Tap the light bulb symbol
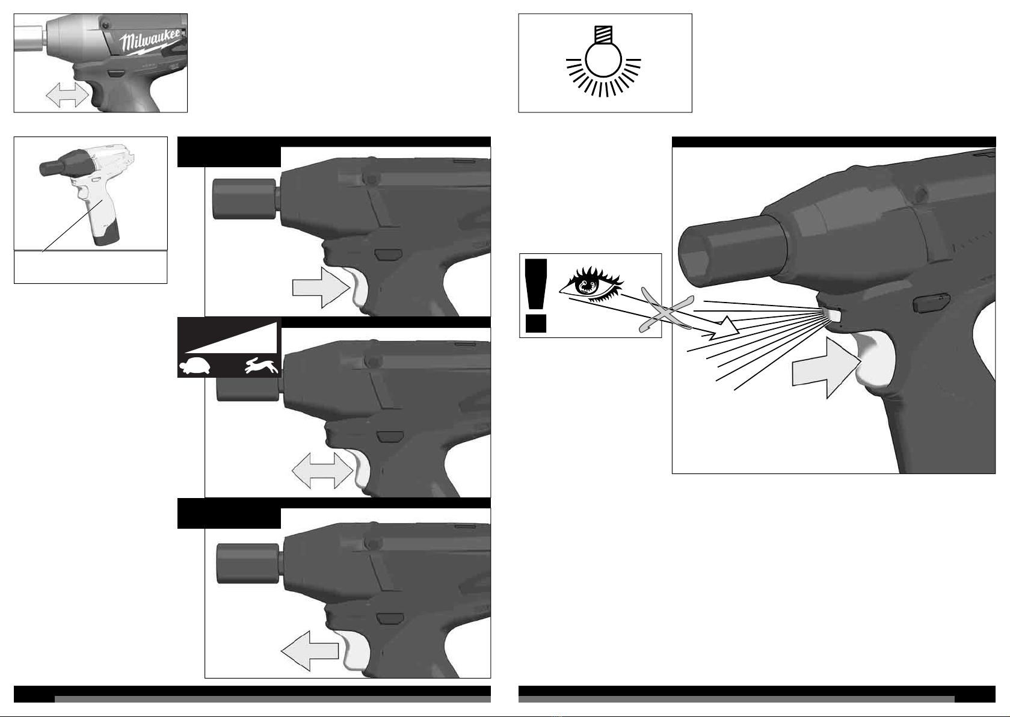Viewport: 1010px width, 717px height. pyautogui.click(x=603, y=62)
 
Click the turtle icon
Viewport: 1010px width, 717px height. pyautogui.click(x=195, y=366)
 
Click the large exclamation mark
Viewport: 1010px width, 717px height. pyautogui.click(x=536, y=296)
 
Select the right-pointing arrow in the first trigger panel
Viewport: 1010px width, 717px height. pyautogui.click(x=321, y=288)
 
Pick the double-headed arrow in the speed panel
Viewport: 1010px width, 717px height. pyautogui.click(x=322, y=471)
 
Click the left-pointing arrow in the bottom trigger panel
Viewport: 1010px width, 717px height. pyautogui.click(x=309, y=651)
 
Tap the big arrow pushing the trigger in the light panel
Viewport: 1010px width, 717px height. pyautogui.click(x=826, y=368)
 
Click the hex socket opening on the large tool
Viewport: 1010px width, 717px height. pyautogui.click(x=698, y=256)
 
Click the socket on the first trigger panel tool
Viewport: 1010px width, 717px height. pyautogui.click(x=244, y=199)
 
